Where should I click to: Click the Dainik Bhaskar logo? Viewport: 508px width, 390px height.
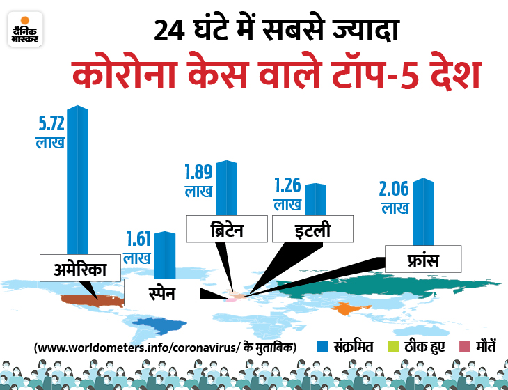(x=25, y=29)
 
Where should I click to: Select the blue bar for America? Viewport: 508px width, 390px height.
(x=78, y=181)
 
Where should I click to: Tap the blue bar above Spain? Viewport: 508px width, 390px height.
(x=164, y=254)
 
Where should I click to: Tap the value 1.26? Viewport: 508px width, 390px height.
(x=288, y=187)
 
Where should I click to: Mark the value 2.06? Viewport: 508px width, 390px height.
(x=396, y=189)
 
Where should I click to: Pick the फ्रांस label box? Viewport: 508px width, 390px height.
(x=423, y=258)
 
